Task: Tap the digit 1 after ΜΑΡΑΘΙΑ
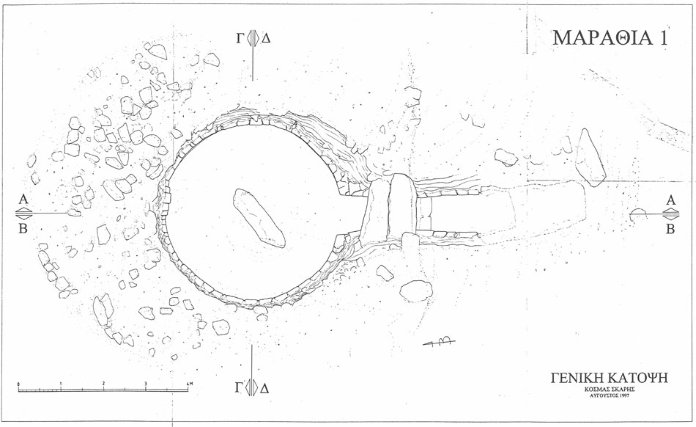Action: (x=663, y=37)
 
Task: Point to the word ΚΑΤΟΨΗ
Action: (x=638, y=378)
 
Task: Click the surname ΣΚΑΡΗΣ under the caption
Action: (x=623, y=390)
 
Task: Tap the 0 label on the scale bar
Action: (x=18, y=384)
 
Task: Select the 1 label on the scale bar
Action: (x=61, y=384)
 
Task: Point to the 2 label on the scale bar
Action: (x=103, y=384)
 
